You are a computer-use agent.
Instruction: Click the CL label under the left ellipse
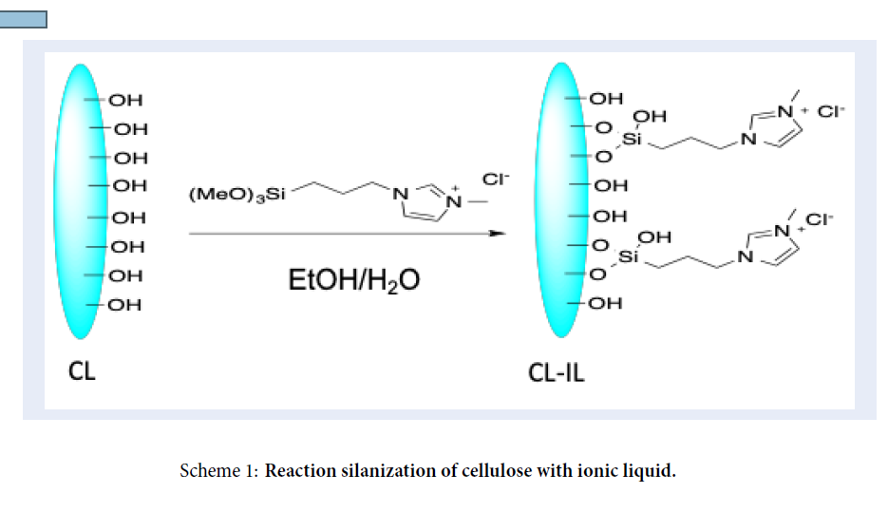83,370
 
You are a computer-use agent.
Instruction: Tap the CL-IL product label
557,371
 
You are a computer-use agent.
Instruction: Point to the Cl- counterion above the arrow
496,179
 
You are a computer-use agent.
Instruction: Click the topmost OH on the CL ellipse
126,99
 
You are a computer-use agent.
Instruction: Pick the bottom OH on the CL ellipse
124,305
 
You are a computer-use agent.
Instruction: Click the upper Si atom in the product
633,140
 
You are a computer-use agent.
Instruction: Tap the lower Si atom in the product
629,257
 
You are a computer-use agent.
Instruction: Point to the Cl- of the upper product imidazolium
830,110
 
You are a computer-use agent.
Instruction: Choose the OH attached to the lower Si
654,237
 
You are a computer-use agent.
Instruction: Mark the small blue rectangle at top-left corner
23,20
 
